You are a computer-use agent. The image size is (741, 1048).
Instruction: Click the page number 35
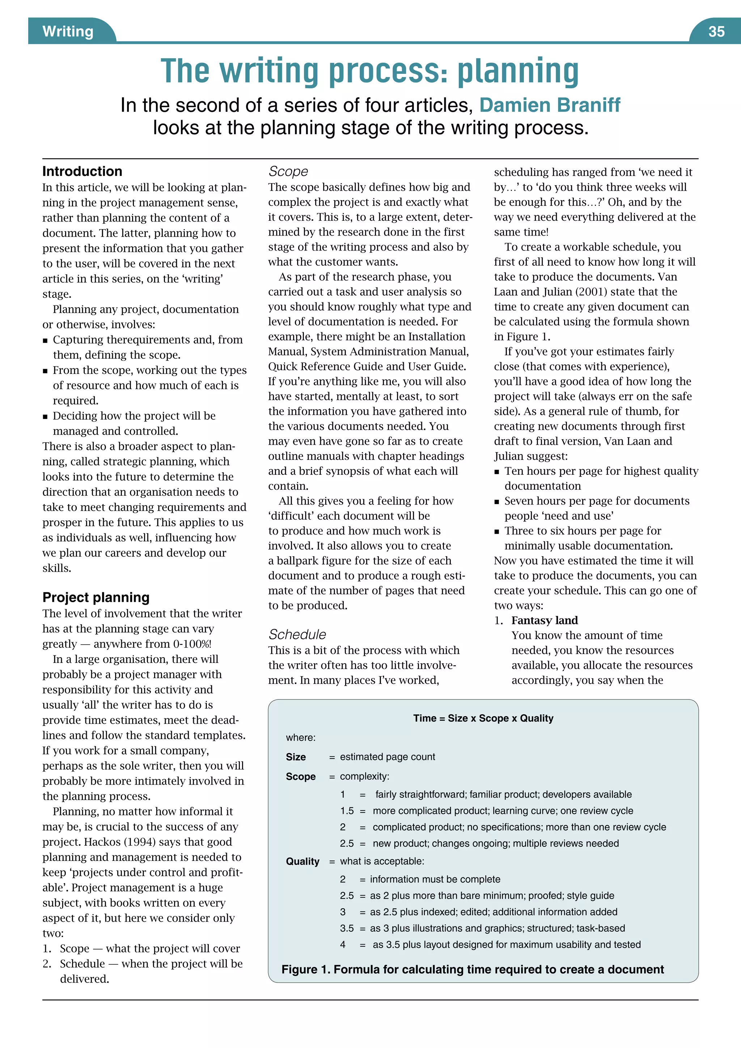point(716,31)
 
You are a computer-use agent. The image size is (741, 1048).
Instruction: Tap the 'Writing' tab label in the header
point(68,31)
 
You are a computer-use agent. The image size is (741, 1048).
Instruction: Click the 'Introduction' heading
point(82,171)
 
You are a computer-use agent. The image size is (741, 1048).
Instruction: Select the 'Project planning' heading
point(96,597)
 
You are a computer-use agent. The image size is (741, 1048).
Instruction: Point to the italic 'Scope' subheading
point(288,171)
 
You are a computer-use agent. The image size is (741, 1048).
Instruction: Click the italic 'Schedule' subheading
point(297,634)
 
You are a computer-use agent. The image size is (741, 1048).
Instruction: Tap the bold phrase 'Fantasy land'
point(544,620)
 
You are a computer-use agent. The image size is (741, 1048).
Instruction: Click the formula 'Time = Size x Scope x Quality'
point(483,718)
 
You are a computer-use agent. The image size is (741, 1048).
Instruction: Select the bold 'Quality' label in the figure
point(302,861)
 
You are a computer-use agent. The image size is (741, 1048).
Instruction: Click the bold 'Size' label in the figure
point(296,757)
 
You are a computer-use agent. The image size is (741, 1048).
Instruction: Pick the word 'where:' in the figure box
point(300,738)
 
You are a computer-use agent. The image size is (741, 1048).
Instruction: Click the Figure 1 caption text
point(472,969)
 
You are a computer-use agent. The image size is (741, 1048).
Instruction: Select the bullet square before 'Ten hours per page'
point(497,472)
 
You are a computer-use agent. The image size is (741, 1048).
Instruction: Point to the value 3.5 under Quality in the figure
point(346,928)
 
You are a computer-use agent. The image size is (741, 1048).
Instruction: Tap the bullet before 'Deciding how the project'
point(45,416)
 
